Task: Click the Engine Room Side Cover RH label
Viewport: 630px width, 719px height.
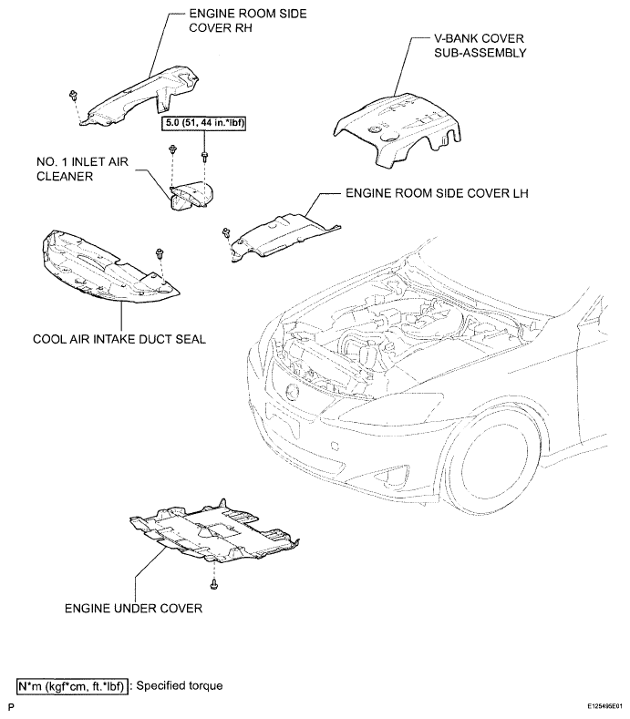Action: point(248,21)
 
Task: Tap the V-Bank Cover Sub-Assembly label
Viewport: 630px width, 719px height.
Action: point(480,46)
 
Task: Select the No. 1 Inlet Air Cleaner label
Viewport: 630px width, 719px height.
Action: point(83,169)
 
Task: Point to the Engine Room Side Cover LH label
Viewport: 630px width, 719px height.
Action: point(437,193)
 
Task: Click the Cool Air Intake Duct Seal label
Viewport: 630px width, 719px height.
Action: point(119,339)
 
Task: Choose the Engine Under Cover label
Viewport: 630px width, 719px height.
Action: point(133,609)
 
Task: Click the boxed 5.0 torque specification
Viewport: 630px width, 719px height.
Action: point(203,123)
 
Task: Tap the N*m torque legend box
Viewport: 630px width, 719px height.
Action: point(72,686)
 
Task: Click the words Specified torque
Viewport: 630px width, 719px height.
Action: point(180,686)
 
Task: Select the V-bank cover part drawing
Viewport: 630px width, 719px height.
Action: point(398,130)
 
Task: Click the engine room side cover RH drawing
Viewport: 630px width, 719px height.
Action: point(142,97)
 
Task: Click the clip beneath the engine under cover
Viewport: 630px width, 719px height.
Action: point(214,585)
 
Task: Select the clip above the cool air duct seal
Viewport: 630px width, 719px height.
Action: point(160,252)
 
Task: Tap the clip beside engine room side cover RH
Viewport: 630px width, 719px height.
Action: point(73,96)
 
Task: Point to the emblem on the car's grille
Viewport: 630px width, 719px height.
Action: point(292,393)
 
